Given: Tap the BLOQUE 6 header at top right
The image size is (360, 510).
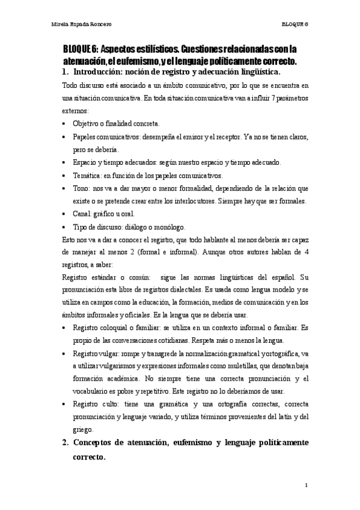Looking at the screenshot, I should pyautogui.click(x=294, y=25).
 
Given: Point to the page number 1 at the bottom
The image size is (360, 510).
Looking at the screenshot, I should pyautogui.click(x=306, y=485).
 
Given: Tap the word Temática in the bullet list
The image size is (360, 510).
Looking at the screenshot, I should pyautogui.click(x=86, y=176).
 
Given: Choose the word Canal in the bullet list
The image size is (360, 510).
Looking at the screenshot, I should pyautogui.click(x=81, y=214).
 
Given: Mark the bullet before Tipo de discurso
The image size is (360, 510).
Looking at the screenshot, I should pyautogui.click(x=64, y=227).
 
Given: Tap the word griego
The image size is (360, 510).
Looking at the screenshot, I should pyautogui.click(x=84, y=429).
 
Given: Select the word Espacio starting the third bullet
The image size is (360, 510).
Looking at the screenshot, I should pyautogui.click(x=85, y=162).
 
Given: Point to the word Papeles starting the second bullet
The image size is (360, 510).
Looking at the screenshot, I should pyautogui.click(x=85, y=137).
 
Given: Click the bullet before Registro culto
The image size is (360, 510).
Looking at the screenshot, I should pyautogui.click(x=64, y=404).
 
